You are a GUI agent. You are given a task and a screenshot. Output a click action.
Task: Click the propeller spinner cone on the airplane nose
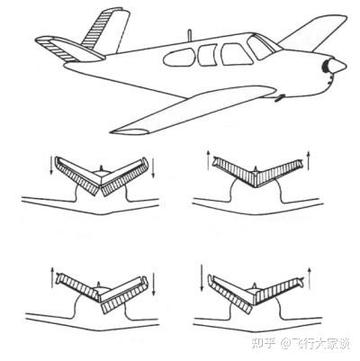(337, 66)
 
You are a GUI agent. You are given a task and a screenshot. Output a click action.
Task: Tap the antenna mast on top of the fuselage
(189, 35)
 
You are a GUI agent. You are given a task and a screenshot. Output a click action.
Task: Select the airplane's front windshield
(260, 48)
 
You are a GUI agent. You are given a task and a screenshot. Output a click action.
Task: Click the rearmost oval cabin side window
(178, 57)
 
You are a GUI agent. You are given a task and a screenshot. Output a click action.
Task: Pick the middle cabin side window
(207, 55)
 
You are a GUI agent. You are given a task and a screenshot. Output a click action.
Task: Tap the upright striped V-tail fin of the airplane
(105, 30)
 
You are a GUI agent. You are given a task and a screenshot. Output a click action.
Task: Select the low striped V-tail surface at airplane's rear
(69, 49)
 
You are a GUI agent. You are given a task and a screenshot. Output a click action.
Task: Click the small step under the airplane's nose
(279, 98)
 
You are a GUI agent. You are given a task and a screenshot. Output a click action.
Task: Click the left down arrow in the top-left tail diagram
(51, 165)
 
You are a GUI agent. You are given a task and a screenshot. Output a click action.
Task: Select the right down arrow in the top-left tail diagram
(153, 168)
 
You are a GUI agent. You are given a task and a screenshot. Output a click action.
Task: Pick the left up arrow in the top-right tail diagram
(208, 160)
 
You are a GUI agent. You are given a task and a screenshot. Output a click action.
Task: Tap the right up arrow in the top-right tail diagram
(310, 160)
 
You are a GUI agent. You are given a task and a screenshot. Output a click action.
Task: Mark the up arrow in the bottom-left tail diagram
(52, 276)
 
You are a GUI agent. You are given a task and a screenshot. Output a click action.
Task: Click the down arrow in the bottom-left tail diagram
(154, 284)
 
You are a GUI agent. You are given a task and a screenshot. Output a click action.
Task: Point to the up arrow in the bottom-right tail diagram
(310, 278)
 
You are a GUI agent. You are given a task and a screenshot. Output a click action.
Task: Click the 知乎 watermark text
(263, 343)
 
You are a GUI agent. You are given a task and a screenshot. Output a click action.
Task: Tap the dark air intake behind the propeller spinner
(324, 67)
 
